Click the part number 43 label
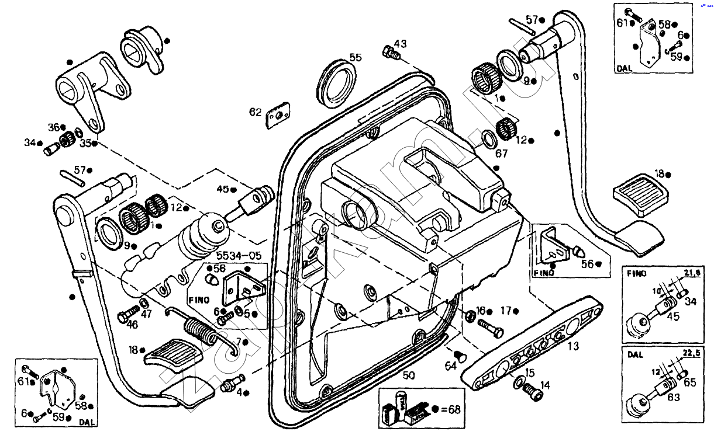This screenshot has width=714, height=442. [x=400, y=44]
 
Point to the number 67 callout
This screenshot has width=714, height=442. [x=501, y=154]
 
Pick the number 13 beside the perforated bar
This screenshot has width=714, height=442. [x=573, y=346]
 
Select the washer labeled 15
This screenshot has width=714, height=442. [x=518, y=382]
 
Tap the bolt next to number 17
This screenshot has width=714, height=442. [x=491, y=328]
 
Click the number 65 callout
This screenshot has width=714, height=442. [x=691, y=382]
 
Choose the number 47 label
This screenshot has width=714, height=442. [x=146, y=314]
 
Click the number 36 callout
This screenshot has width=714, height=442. [x=54, y=127]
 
